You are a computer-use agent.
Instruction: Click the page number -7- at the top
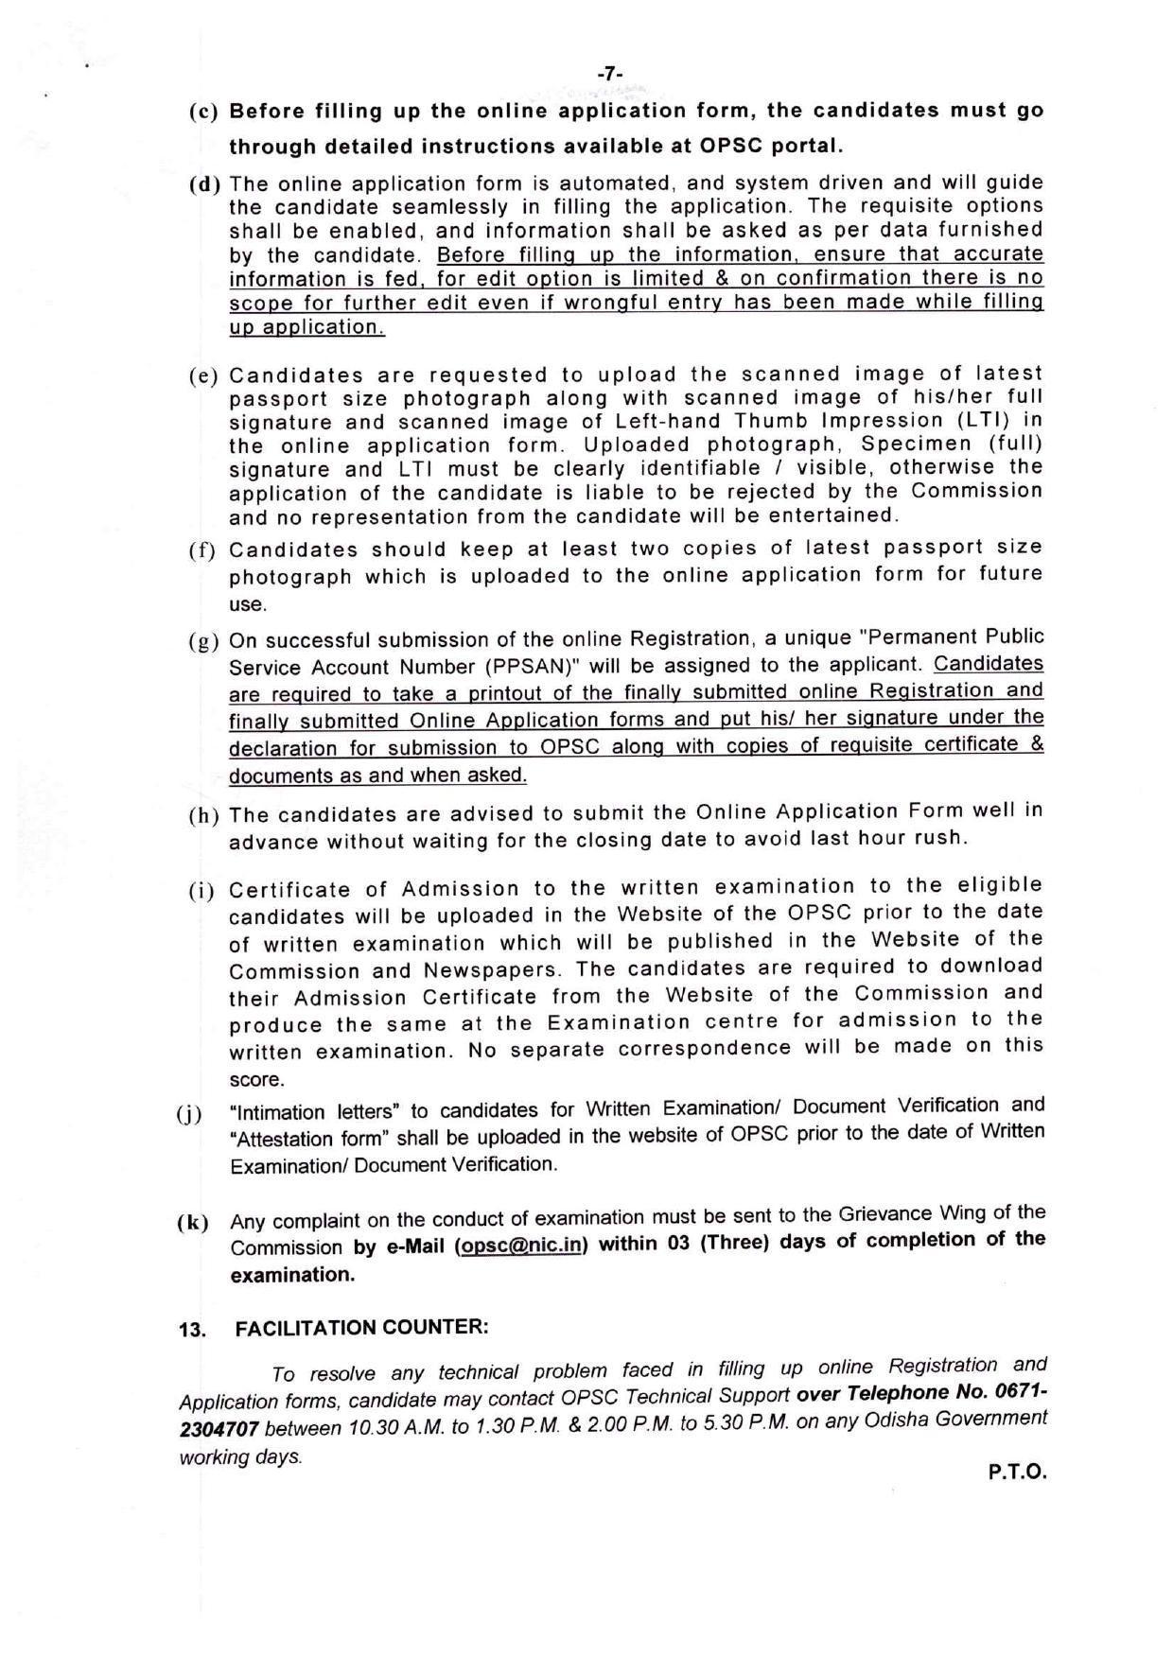[x=610, y=74]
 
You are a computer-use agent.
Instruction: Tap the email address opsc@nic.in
[x=520, y=1246]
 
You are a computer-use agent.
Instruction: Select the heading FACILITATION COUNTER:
[x=361, y=1327]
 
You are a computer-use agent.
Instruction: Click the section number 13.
[x=192, y=1330]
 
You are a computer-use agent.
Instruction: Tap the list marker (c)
[x=203, y=112]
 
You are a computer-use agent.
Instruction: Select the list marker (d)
[x=203, y=183]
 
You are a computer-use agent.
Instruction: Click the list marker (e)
[x=203, y=375]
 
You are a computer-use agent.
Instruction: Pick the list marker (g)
[x=203, y=642]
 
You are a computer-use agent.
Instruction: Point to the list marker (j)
[x=189, y=1113]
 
